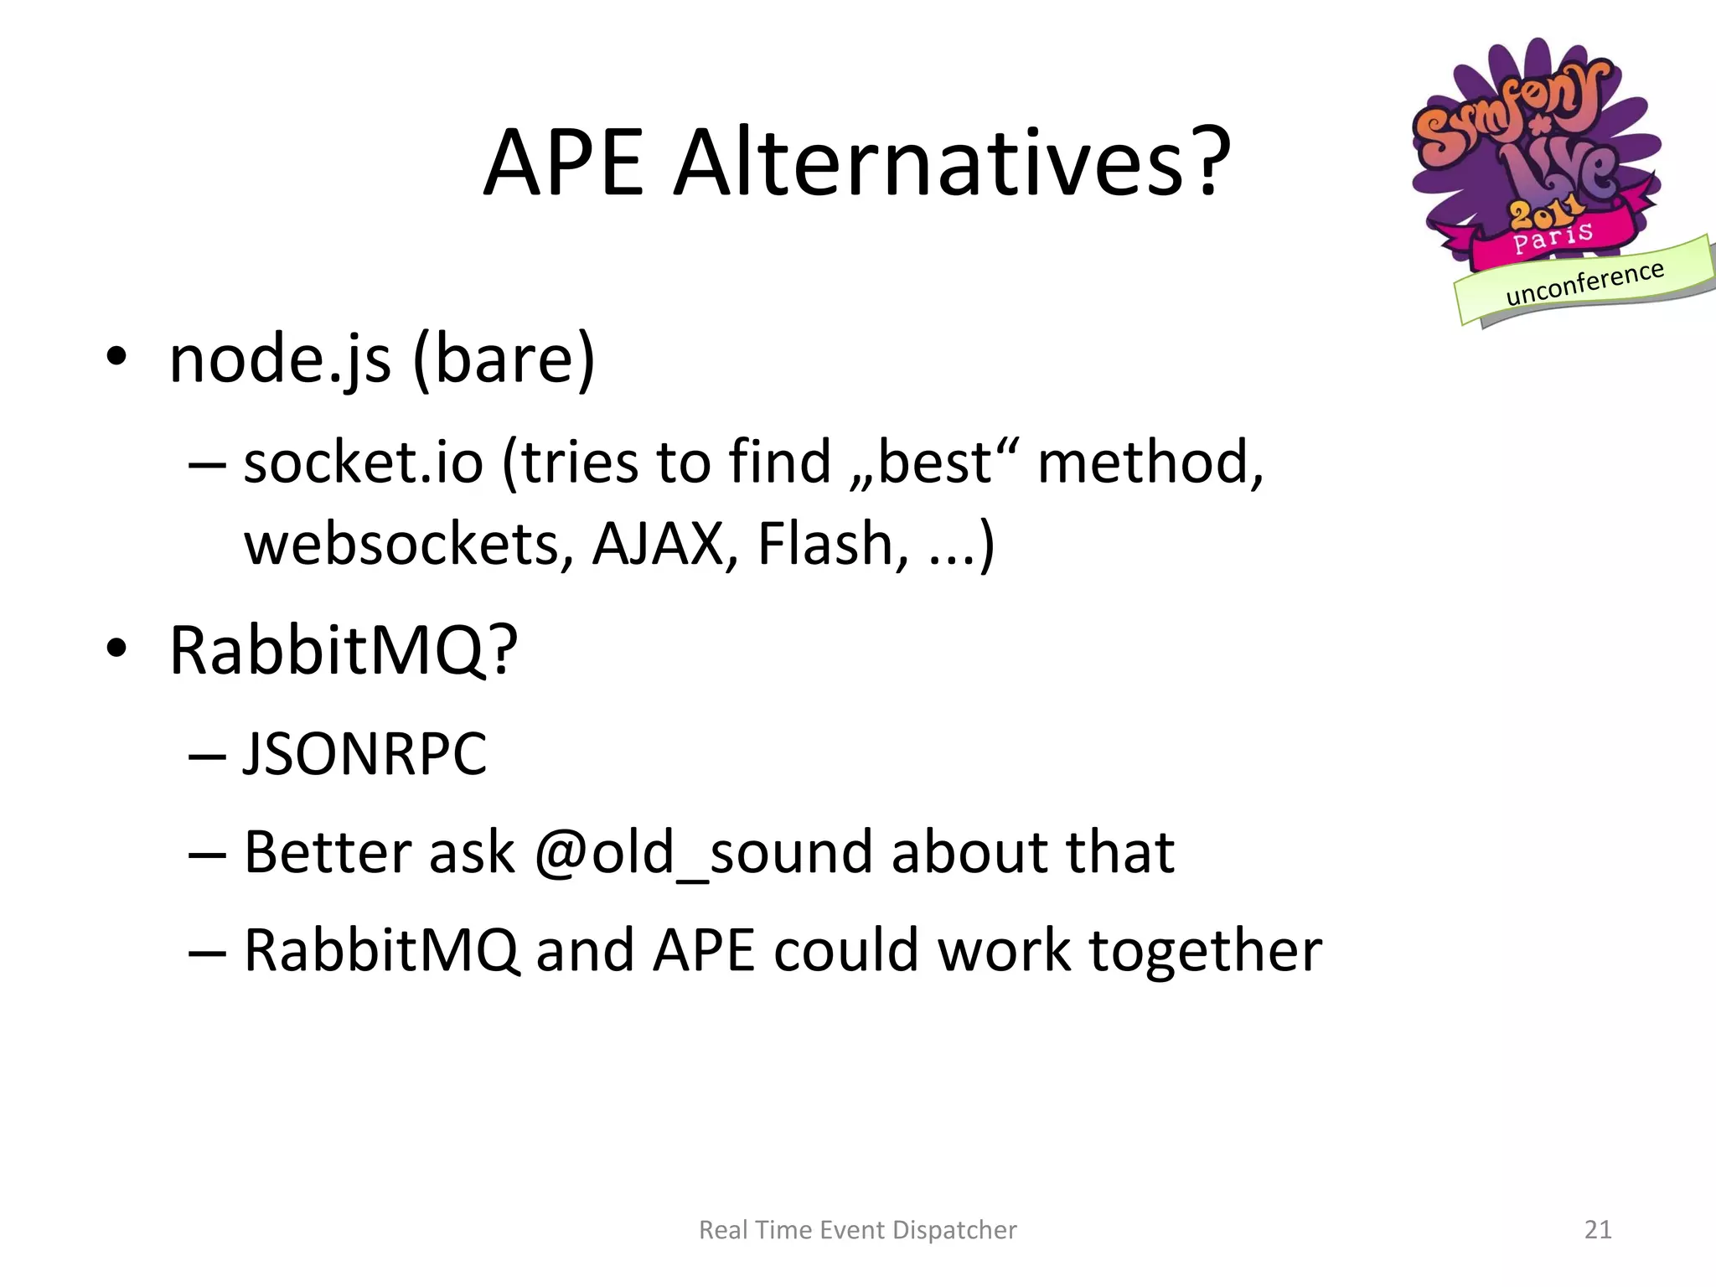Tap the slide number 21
pyautogui.click(x=1598, y=1229)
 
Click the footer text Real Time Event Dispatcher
pyautogui.click(x=857, y=1229)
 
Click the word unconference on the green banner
pyautogui.click(x=1584, y=283)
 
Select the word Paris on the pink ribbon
pyautogui.click(x=1553, y=237)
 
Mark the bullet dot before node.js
pyautogui.click(x=116, y=359)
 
